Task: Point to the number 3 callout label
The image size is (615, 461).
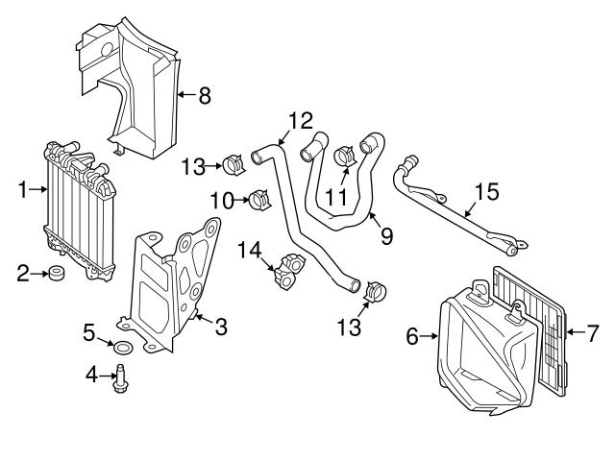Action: click(x=220, y=328)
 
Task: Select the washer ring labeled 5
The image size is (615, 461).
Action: click(x=125, y=346)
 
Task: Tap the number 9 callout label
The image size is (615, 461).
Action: click(x=385, y=234)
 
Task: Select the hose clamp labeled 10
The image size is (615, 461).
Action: click(x=258, y=201)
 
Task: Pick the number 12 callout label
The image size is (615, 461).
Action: click(x=300, y=121)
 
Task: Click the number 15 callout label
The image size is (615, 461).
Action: click(x=487, y=192)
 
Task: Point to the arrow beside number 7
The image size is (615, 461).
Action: click(x=573, y=334)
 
